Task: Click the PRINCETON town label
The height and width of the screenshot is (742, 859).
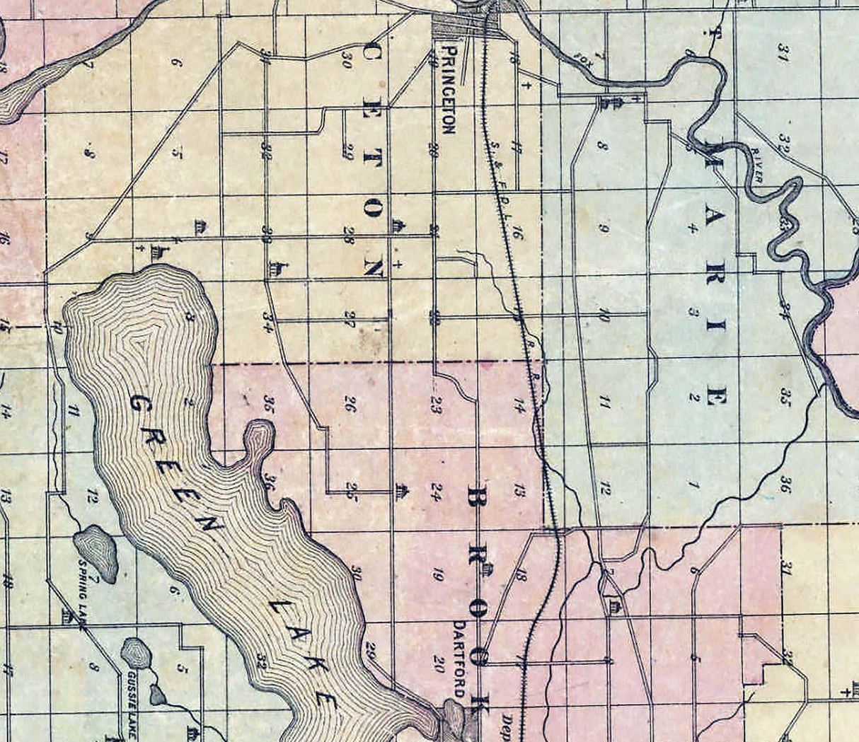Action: tap(447, 89)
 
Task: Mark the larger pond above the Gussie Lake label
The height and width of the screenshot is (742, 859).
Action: tap(134, 652)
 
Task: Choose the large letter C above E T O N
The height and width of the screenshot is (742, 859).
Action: tap(372, 55)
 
